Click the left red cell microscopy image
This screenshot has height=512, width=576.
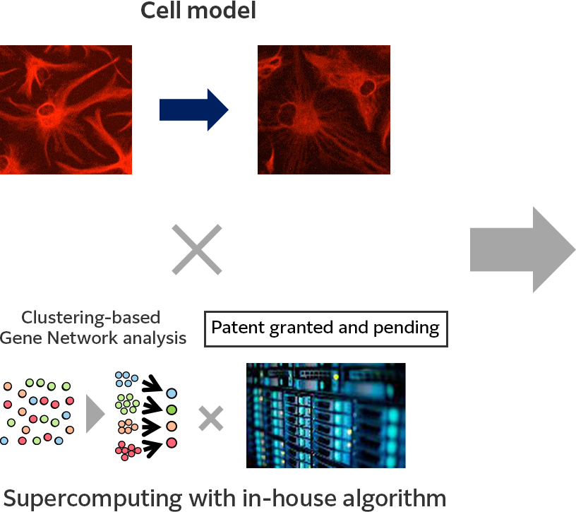(x=66, y=109)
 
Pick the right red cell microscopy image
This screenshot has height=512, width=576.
(x=323, y=109)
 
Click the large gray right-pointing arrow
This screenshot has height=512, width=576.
(x=522, y=249)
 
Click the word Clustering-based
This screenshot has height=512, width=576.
(x=91, y=317)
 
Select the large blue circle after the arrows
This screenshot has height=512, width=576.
(x=172, y=393)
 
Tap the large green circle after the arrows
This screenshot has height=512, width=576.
(x=172, y=410)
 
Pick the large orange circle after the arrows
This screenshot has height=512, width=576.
(x=172, y=426)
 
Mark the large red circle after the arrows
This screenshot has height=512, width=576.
(x=172, y=443)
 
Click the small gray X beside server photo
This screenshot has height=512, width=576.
(x=210, y=418)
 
